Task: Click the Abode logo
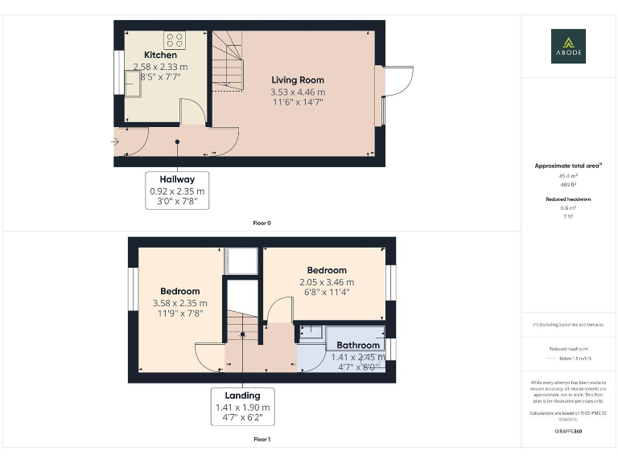(x=568, y=46)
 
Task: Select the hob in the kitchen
(x=175, y=39)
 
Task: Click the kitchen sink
(x=133, y=82)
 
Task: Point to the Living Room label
(x=297, y=80)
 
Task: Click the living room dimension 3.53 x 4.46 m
(x=297, y=92)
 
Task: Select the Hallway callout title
(x=177, y=179)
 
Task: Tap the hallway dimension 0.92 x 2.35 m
(x=177, y=191)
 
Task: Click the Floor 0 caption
(x=262, y=223)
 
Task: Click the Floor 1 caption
(x=262, y=440)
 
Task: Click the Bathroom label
(x=358, y=346)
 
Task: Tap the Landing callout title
(x=242, y=395)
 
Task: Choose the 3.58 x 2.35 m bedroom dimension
(x=179, y=303)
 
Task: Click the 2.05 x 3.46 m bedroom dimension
(x=326, y=282)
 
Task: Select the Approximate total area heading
(x=568, y=166)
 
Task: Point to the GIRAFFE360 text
(x=568, y=432)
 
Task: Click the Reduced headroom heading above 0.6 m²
(x=568, y=199)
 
